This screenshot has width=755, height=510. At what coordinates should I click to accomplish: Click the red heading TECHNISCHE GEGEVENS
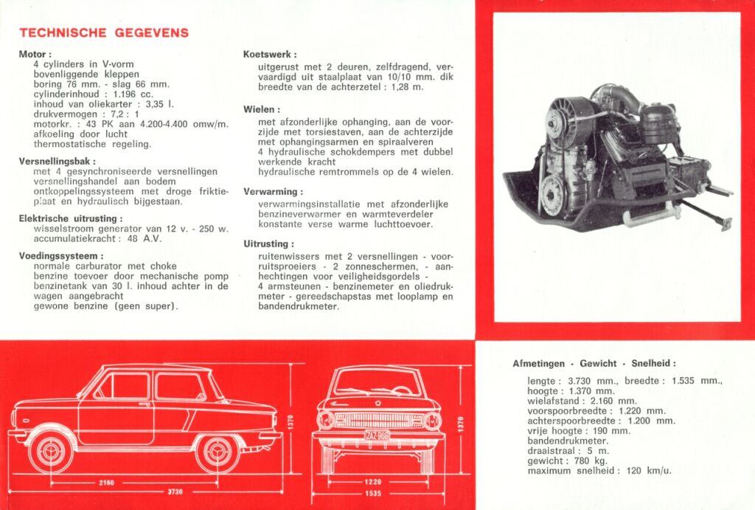(104, 32)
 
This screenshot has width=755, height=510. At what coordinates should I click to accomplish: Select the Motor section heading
(35, 54)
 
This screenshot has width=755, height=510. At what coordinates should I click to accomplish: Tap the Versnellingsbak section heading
(57, 160)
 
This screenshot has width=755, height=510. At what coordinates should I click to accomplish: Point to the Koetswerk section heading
(270, 54)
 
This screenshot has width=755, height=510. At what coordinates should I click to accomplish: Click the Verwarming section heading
(271, 192)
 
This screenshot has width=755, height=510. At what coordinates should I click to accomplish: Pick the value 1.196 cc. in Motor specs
(133, 94)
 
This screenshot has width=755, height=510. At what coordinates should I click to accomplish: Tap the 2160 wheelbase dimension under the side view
(106, 483)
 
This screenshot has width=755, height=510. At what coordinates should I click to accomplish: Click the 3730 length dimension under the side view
(174, 492)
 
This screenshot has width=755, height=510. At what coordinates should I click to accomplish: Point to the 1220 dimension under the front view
(373, 483)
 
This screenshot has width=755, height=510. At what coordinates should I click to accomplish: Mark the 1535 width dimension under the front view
(373, 493)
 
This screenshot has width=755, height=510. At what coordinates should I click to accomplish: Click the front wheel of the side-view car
(51, 452)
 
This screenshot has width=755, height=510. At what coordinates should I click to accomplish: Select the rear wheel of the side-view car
(218, 452)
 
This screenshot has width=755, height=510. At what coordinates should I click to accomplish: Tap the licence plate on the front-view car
(377, 435)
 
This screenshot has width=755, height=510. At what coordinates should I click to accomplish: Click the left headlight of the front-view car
(326, 421)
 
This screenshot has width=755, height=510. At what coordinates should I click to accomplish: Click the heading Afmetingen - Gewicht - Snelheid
(594, 364)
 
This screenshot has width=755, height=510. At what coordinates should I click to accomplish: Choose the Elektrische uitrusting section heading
(70, 218)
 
